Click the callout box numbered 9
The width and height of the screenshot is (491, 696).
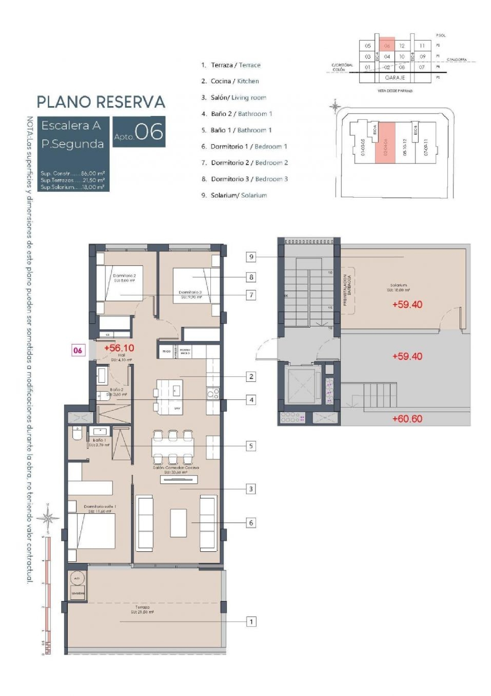(x=251, y=257)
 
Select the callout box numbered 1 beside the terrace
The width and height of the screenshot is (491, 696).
(x=251, y=622)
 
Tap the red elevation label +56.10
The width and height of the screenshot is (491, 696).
(x=119, y=348)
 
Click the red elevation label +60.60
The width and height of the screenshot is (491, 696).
(x=407, y=419)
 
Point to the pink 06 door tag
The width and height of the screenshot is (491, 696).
(x=78, y=350)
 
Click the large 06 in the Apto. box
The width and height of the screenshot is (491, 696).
(x=149, y=132)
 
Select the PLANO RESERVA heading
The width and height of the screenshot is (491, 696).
(x=101, y=102)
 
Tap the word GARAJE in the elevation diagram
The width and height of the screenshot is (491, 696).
(x=395, y=78)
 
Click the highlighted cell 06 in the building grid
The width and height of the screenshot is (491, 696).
(x=387, y=46)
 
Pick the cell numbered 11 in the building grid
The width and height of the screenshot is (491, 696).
(x=422, y=46)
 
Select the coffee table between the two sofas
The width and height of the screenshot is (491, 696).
(x=178, y=523)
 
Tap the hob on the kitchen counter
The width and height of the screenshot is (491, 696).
(x=213, y=393)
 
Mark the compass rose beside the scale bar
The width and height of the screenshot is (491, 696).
(x=48, y=518)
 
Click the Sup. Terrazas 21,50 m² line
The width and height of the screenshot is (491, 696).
(x=73, y=180)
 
